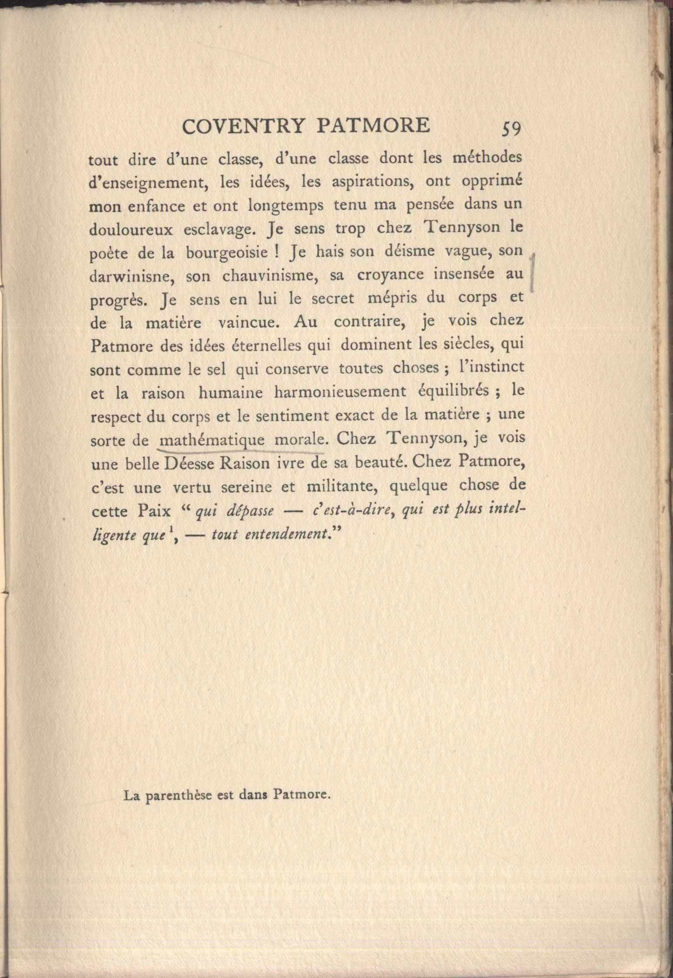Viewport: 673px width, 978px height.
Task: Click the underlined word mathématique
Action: [x=212, y=440]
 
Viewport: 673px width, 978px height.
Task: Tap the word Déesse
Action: [x=189, y=464]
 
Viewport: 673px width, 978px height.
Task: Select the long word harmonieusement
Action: [x=340, y=392]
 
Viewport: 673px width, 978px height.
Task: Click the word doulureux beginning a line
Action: [x=131, y=229]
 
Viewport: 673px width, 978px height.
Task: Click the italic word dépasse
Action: [x=250, y=511]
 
